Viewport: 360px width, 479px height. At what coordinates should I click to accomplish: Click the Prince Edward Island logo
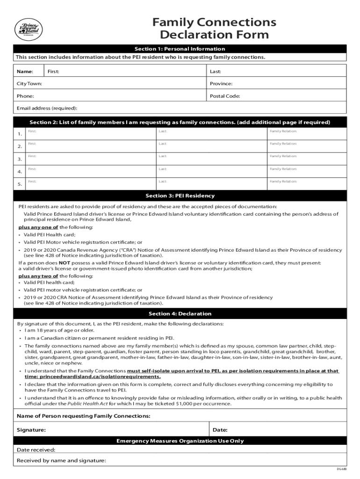[29, 29]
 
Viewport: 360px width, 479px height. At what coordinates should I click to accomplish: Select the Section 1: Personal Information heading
[180, 49]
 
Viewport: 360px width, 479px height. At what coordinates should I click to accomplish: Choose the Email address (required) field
[180, 108]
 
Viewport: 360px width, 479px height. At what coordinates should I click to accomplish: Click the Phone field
[110, 96]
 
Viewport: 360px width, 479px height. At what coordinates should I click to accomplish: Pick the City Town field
[110, 84]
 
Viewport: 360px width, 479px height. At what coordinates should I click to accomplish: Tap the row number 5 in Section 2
[20, 184]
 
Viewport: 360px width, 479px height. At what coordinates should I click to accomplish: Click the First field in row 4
[91, 171]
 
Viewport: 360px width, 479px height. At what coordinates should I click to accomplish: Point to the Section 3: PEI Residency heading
[180, 196]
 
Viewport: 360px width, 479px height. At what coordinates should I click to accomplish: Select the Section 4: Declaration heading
[180, 313]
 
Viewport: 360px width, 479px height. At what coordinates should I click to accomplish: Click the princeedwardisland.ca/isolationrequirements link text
[100, 377]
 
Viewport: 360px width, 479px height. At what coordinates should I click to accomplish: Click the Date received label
[36, 450]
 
